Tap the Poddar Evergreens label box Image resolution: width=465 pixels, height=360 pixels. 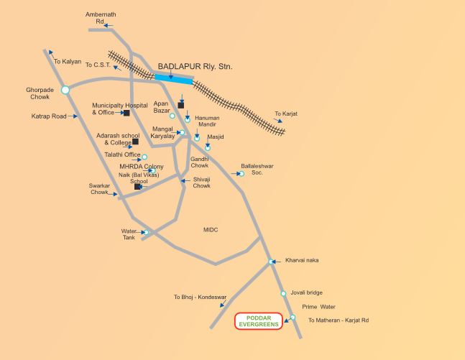point(258,321)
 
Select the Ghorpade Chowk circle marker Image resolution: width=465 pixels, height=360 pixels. point(65,90)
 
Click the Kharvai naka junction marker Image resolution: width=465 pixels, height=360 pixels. point(271,262)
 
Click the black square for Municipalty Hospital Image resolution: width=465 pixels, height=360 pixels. point(126,113)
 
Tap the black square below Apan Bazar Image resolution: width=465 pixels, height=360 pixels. point(181,104)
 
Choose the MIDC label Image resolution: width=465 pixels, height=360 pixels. point(211,230)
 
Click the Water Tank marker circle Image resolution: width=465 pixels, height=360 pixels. point(145,232)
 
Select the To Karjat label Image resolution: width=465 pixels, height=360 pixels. point(286,114)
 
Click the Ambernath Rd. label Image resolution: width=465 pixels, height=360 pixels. point(96,18)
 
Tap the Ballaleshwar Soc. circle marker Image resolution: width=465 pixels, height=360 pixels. point(241,174)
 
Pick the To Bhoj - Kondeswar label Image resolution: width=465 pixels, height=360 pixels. point(200,297)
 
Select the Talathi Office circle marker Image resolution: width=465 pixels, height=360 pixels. point(144,157)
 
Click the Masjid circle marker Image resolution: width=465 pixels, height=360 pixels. point(208,147)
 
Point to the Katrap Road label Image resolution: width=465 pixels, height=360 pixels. point(49,116)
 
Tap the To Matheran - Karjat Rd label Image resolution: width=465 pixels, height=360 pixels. point(338,320)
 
